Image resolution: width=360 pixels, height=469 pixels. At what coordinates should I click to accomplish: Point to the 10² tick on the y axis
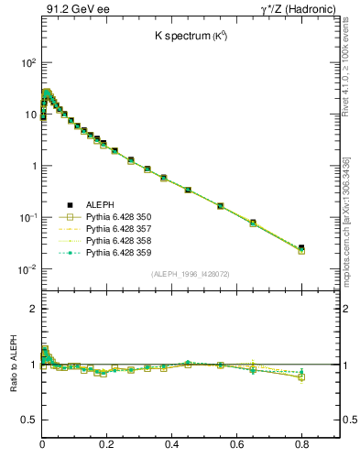(x=27, y=63)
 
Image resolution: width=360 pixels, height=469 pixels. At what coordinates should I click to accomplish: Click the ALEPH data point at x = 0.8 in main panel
(x=301, y=247)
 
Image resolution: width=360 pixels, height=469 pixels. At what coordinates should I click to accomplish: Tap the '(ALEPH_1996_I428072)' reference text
(x=191, y=275)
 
